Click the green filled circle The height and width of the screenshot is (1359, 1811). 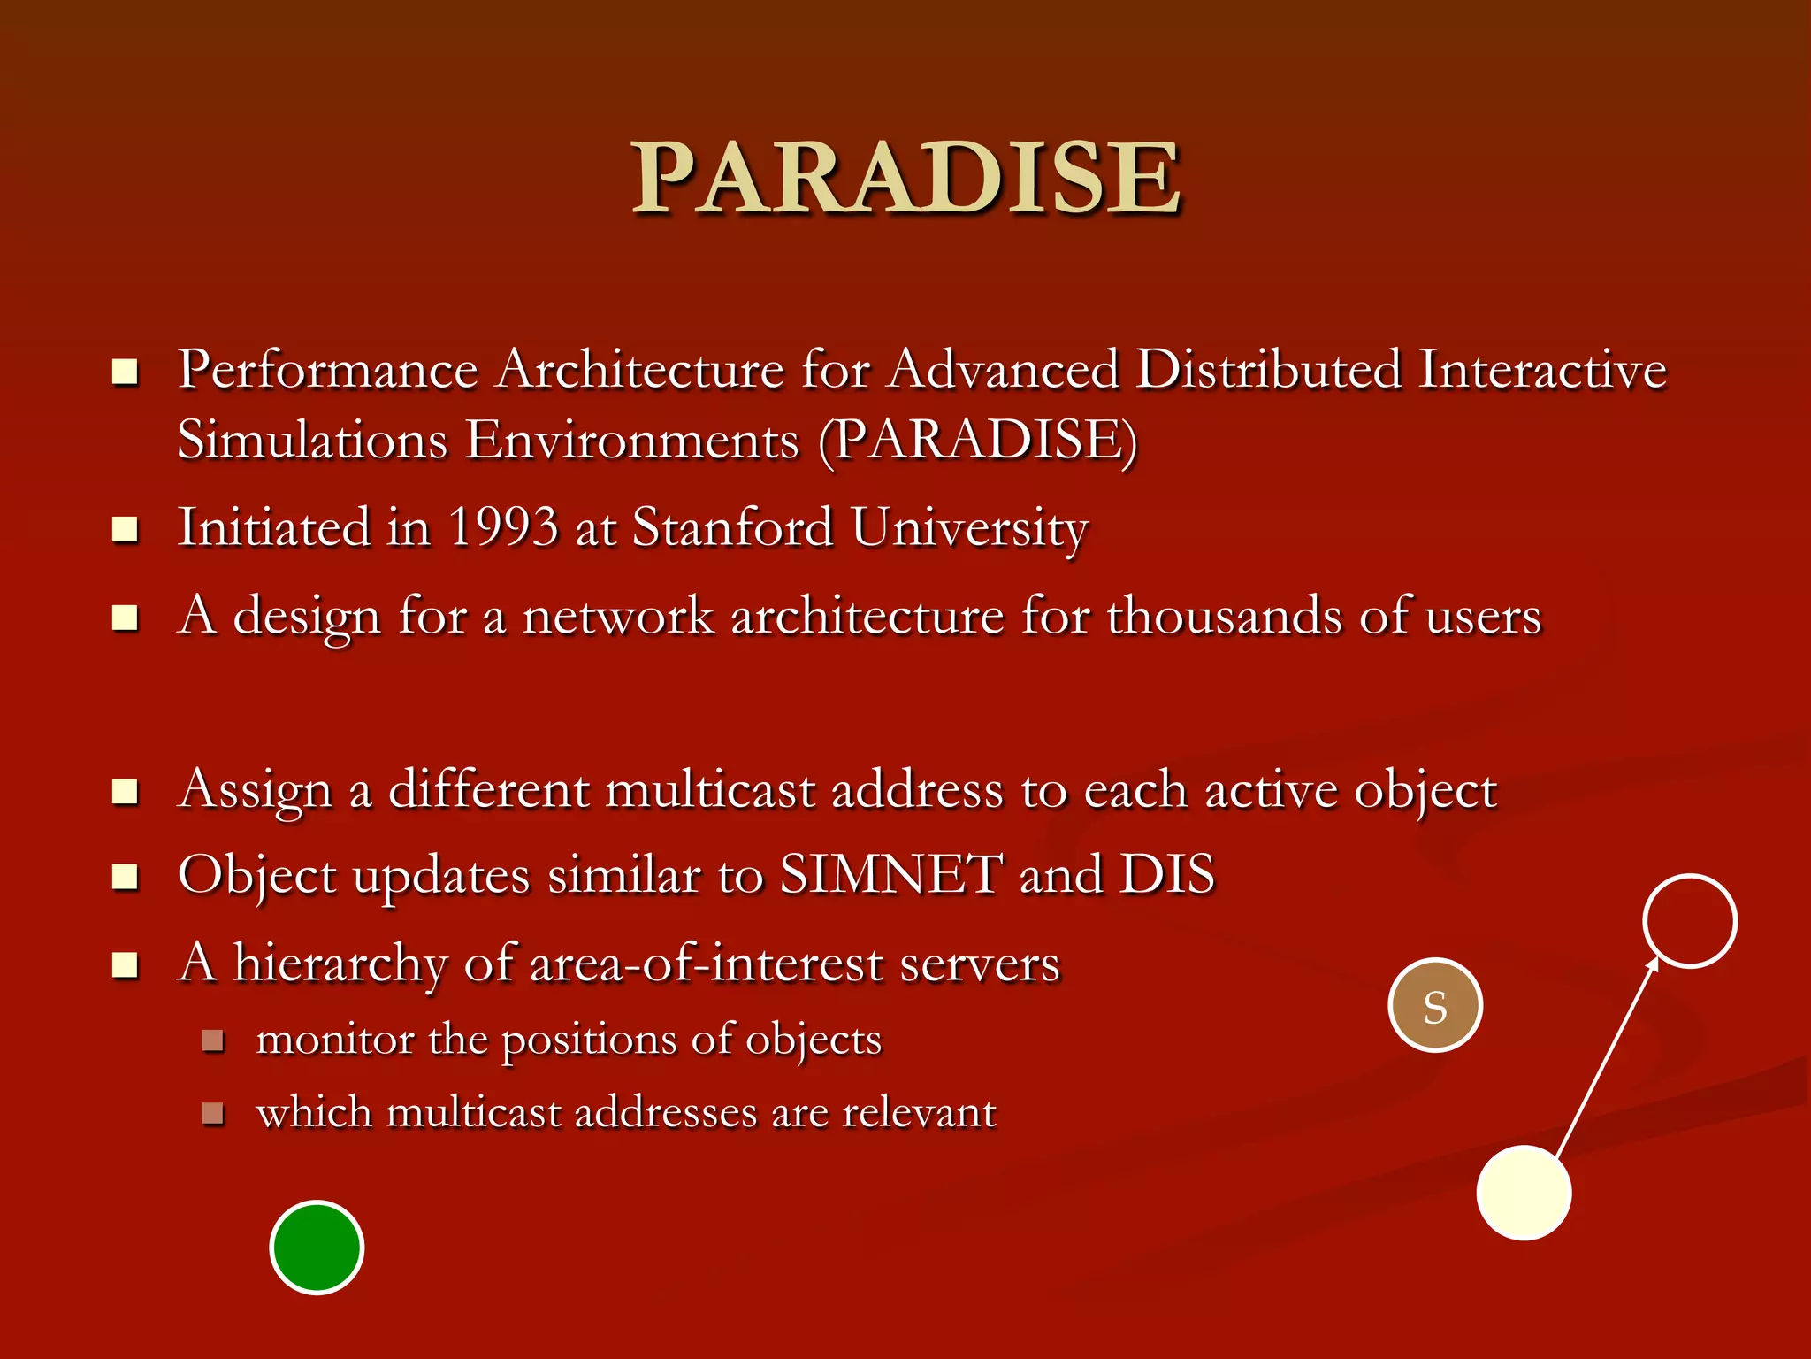click(317, 1248)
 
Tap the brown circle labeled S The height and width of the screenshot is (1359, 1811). click(1435, 1005)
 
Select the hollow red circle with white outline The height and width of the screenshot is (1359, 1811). click(1690, 921)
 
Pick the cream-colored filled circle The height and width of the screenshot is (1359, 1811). click(1524, 1193)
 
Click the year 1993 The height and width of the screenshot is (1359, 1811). click(503, 527)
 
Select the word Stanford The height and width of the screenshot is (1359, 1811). click(733, 527)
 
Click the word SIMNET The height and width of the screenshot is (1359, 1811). click(891, 875)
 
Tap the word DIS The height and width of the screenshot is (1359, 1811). click(1167, 875)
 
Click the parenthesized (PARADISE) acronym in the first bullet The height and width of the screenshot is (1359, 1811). click(977, 440)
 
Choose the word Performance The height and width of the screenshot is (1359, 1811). click(328, 370)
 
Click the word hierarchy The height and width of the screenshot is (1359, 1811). click(340, 964)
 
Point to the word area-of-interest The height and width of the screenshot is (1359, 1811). click(706, 964)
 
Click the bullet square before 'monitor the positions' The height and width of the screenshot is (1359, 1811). click(212, 1040)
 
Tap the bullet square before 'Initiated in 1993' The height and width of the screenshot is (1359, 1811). click(126, 530)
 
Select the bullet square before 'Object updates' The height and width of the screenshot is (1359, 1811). click(126, 877)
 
